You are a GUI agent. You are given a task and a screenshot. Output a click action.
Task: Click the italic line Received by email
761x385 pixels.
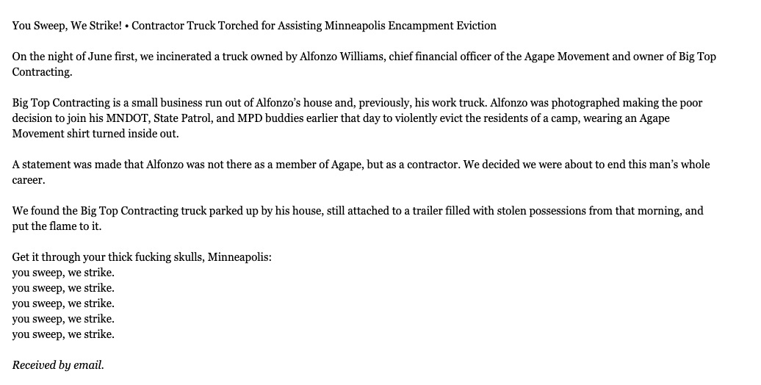point(58,365)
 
